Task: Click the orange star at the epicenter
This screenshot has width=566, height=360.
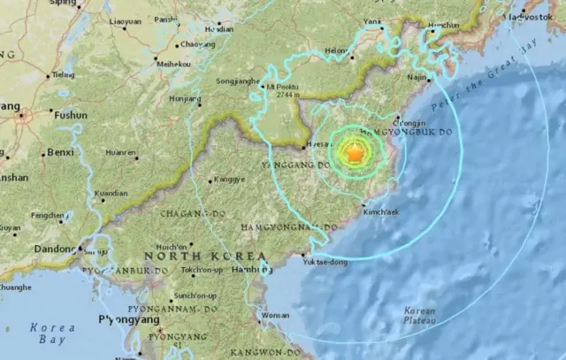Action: [353, 154]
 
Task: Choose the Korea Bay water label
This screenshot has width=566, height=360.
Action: [53, 333]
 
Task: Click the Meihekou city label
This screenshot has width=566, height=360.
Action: [172, 65]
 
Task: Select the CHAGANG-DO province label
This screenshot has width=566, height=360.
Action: [191, 214]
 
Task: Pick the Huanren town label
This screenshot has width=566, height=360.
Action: [122, 152]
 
